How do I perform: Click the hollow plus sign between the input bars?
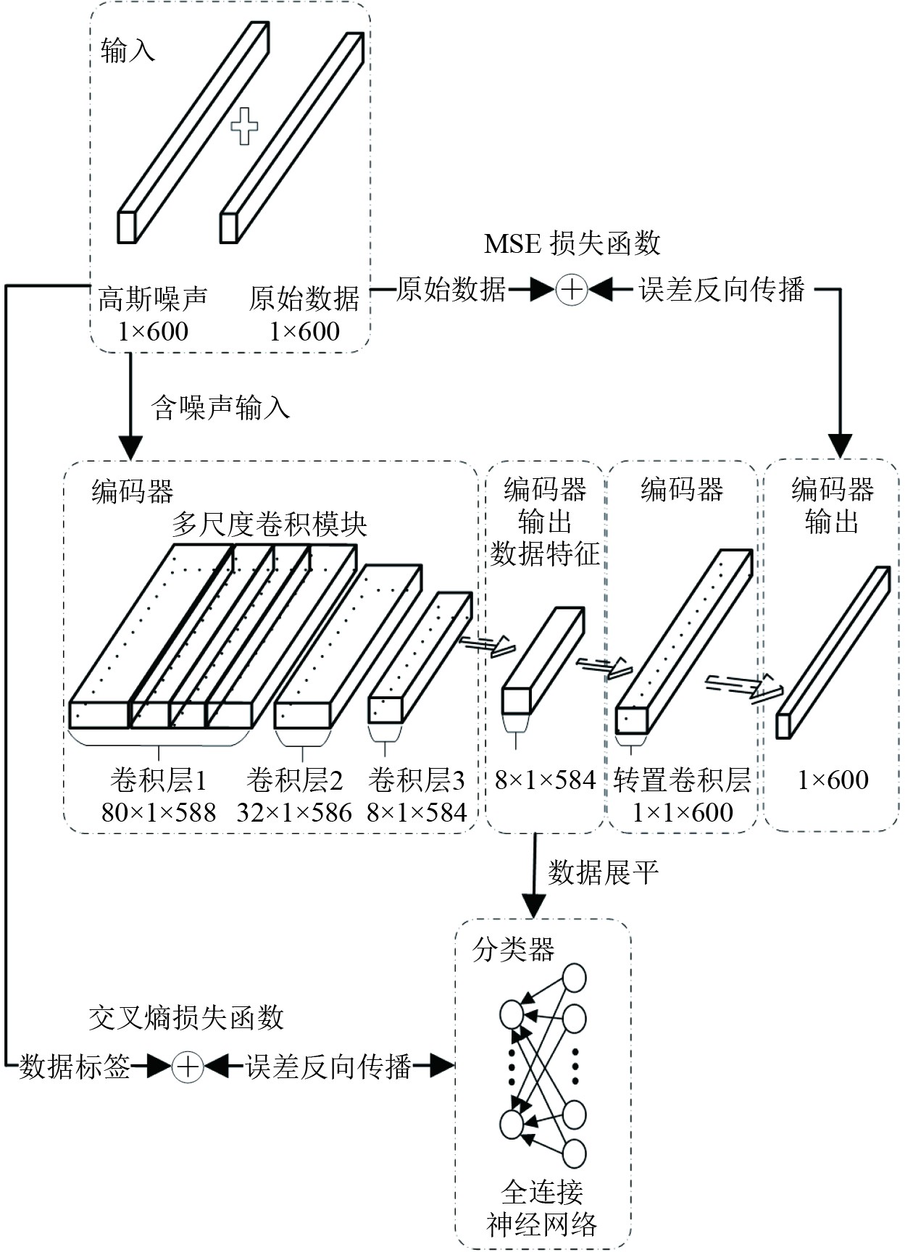244,126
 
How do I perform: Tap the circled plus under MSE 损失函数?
571,290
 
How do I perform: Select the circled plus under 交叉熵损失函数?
188,1066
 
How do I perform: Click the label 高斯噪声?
153,298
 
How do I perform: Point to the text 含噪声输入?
220,407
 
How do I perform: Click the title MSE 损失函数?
572,243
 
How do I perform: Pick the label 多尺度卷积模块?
270,524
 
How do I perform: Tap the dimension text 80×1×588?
159,812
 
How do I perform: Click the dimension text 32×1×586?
294,812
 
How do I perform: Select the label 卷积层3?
416,780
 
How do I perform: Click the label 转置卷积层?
682,780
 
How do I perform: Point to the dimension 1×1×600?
682,812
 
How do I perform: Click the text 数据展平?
603,872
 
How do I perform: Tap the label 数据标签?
75,1066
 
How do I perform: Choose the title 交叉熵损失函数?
186,1018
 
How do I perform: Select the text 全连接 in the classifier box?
542,1191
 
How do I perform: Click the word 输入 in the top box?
128,51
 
